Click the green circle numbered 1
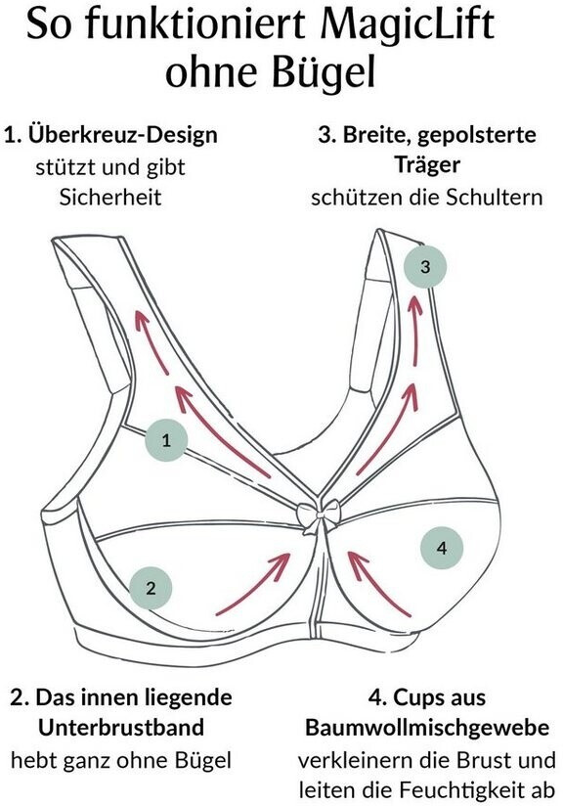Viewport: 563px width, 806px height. coord(166,440)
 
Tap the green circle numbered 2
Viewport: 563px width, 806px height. coord(151,588)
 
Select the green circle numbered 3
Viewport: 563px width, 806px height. coord(425,267)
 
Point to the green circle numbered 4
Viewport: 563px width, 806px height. coord(442,548)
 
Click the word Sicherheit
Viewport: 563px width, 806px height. coord(110,197)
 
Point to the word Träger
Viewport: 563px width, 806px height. coord(427,164)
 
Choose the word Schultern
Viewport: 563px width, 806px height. coord(495,198)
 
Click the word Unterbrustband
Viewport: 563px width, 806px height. coord(121,728)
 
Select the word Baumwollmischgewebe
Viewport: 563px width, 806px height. coord(427,728)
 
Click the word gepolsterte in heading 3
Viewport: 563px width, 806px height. coord(477,135)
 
